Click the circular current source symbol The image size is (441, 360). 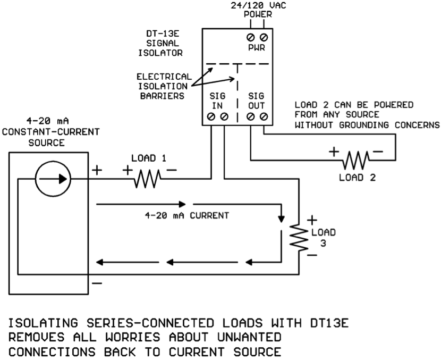tap(52, 179)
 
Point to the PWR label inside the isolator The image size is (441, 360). tap(257, 48)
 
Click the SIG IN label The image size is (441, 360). tap(218, 101)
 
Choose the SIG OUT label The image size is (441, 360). tap(257, 101)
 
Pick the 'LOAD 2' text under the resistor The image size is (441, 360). tap(357, 177)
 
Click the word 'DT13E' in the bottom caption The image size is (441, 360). tap(326, 323)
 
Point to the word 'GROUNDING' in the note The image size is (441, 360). tap(367, 125)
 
